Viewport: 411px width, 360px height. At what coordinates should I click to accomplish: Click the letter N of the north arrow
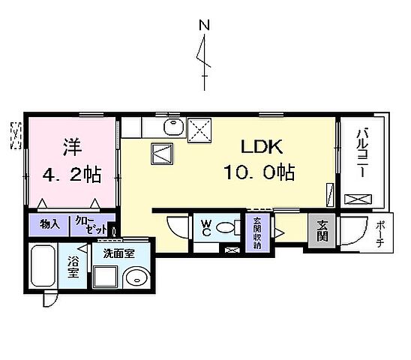pos(203,25)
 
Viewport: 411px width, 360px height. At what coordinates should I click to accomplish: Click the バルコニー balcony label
pos(361,154)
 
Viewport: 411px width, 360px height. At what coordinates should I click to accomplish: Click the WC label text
pos(205,226)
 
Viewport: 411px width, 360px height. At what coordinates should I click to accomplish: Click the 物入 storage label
pos(50,224)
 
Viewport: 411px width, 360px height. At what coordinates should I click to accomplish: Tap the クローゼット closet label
pos(88,224)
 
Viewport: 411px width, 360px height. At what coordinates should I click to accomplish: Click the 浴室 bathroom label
pos(73,268)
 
